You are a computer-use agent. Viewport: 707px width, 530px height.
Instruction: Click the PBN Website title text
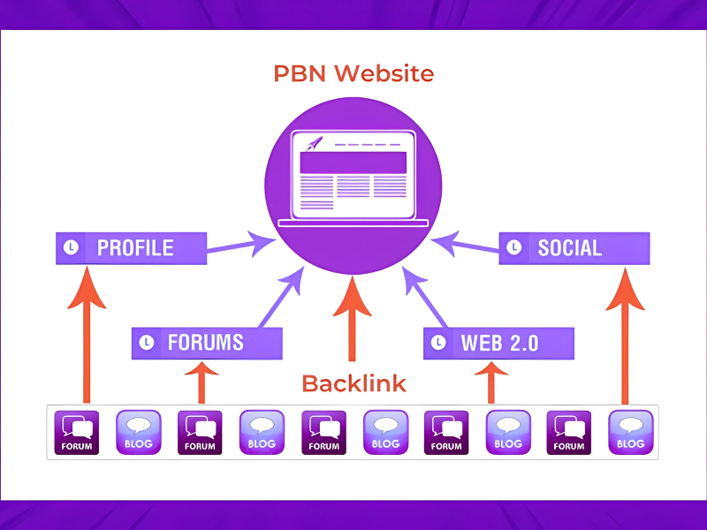[353, 73]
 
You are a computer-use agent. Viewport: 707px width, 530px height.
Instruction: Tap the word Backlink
[353, 383]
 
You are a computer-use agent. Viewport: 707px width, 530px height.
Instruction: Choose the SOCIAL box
[574, 248]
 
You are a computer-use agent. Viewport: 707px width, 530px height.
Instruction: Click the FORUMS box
[207, 343]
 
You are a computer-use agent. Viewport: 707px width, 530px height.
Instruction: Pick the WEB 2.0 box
[498, 343]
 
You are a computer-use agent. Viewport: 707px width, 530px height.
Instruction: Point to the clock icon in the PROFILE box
[72, 248]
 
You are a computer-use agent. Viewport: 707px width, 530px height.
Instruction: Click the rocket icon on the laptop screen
[314, 143]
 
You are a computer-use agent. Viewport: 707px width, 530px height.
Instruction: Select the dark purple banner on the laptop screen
[353, 163]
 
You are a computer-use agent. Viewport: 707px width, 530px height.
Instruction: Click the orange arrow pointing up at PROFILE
[87, 336]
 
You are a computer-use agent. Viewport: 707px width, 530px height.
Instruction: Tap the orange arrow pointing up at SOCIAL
[625, 336]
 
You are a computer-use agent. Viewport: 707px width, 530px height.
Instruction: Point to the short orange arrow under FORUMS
[201, 382]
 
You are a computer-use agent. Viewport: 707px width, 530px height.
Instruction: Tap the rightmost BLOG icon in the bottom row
[630, 432]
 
